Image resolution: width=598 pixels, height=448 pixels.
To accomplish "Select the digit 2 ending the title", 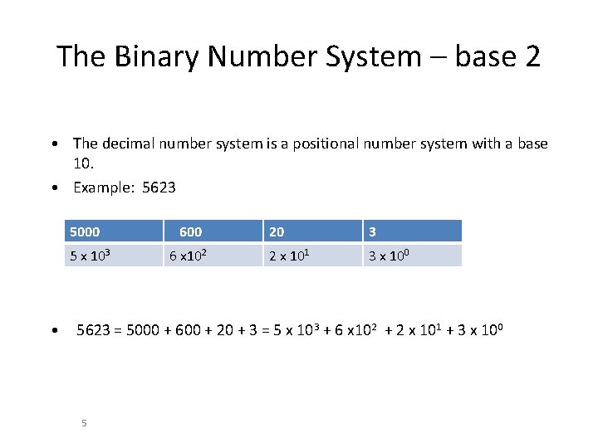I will [x=532, y=56].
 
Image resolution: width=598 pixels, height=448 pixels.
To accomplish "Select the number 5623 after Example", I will [x=159, y=187].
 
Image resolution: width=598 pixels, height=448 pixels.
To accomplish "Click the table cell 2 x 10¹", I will [x=290, y=256].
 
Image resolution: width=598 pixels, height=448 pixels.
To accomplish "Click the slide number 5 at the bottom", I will [x=84, y=424].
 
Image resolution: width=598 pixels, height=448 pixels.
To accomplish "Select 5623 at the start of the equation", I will [x=92, y=331].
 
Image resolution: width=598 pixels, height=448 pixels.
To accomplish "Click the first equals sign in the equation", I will [x=117, y=331].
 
